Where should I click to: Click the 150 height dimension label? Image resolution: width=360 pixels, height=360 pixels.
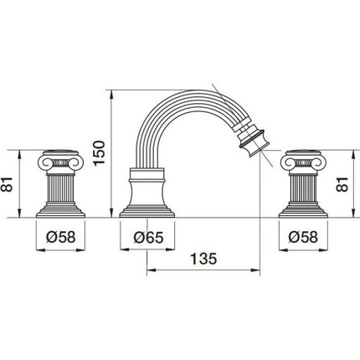point(99,153)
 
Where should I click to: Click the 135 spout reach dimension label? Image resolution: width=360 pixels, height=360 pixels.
point(203,259)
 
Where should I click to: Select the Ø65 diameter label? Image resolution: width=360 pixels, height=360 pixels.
point(148,238)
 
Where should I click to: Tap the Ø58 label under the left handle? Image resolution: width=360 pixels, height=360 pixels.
point(61,237)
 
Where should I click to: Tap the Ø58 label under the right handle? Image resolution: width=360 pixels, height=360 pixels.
point(303,237)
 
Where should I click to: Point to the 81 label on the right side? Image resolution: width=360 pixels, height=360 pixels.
point(342,184)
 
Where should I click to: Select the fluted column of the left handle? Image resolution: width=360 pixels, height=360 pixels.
point(61,187)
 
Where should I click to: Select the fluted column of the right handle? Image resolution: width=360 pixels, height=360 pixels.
point(303,187)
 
